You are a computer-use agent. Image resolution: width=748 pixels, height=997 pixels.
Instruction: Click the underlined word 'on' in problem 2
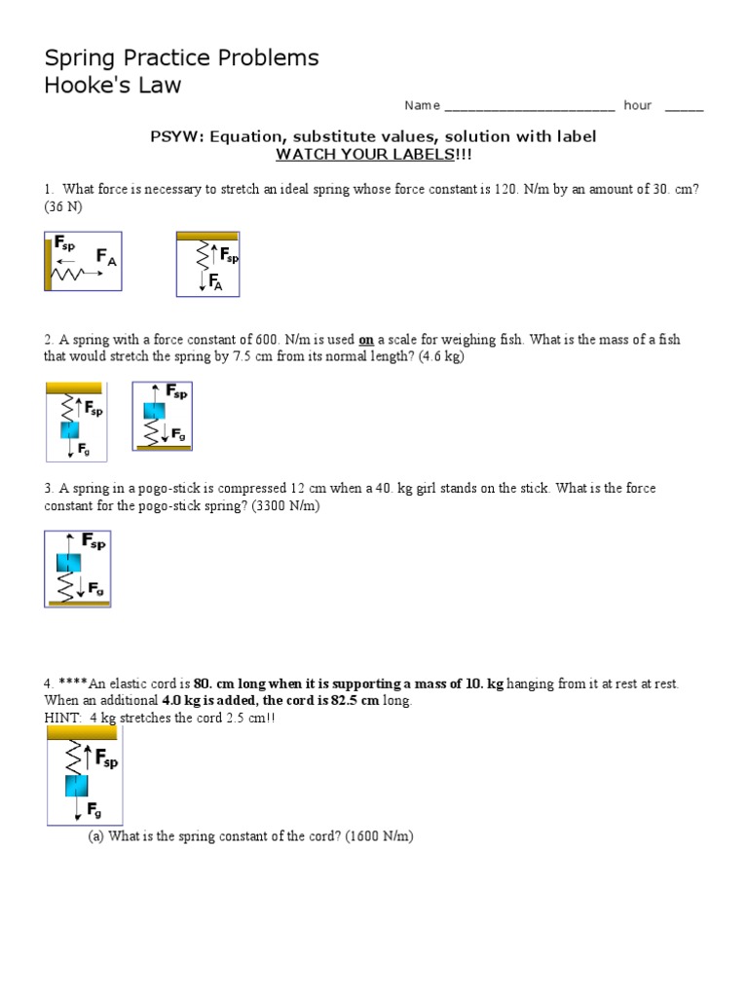pos(366,340)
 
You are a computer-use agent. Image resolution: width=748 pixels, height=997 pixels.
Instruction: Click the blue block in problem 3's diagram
pos(67,562)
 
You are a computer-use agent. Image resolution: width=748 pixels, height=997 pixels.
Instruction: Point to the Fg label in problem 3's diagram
pos(96,588)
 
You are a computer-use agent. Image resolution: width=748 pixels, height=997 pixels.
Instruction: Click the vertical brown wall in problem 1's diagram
pos(49,261)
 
